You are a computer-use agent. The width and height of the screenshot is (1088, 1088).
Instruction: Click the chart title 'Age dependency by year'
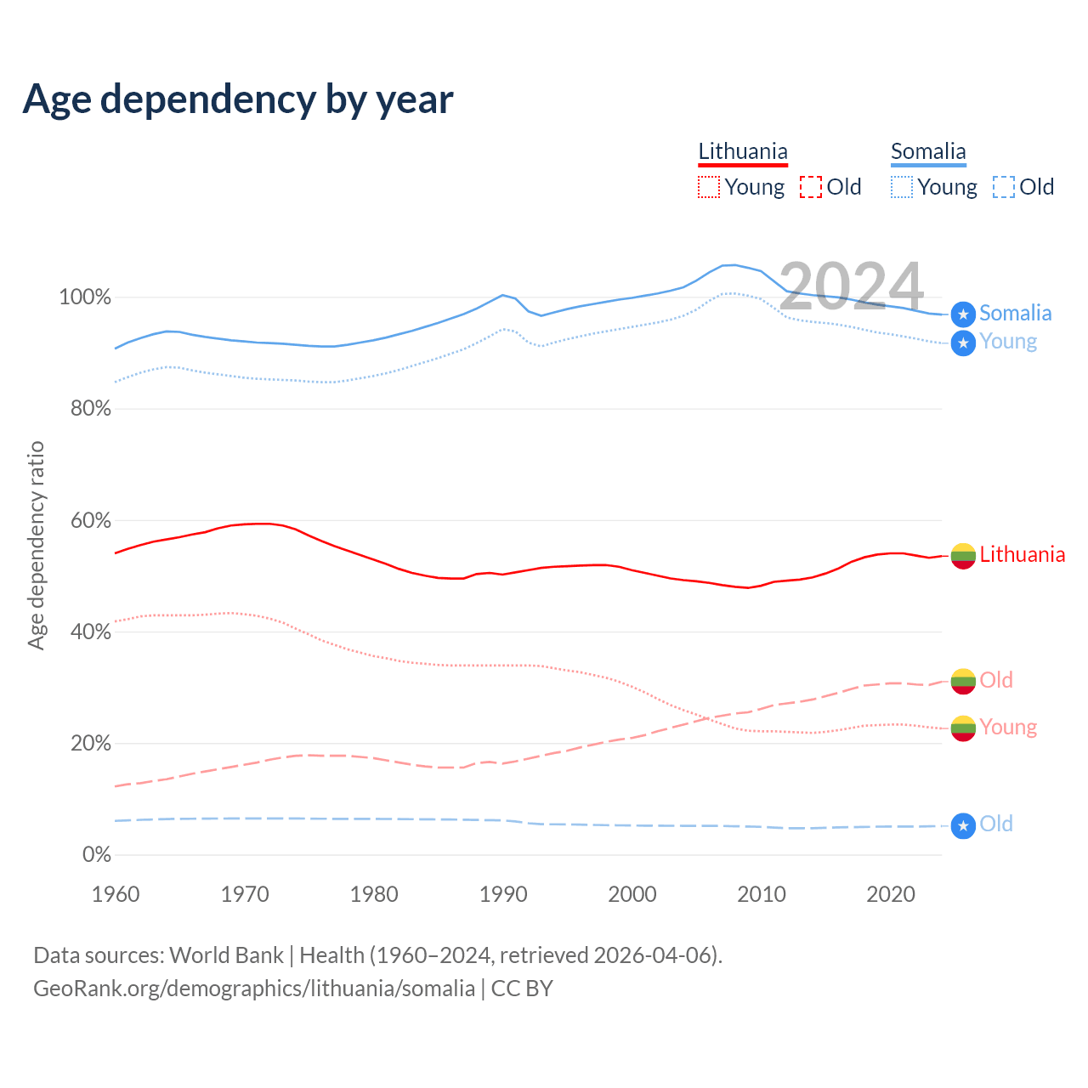[238, 99]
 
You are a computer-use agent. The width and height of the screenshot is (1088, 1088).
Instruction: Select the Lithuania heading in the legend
[743, 152]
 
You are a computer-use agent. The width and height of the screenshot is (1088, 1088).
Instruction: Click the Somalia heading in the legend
[928, 152]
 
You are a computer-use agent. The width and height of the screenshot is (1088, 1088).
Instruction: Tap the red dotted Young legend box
[709, 187]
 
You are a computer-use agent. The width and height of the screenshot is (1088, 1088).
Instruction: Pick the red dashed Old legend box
[811, 187]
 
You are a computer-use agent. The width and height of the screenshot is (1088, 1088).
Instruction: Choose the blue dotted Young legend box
[902, 187]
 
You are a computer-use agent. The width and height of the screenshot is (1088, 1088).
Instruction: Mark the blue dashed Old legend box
[1004, 187]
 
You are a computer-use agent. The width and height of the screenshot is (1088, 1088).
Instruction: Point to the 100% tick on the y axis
[84, 297]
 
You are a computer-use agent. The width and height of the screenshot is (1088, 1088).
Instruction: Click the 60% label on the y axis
[90, 520]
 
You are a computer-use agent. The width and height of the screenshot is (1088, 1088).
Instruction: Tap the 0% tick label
[96, 854]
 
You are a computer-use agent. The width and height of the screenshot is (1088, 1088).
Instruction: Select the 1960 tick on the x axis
[116, 894]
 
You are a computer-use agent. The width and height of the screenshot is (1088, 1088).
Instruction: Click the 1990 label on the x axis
[503, 894]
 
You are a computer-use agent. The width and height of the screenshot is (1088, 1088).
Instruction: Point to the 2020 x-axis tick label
[891, 894]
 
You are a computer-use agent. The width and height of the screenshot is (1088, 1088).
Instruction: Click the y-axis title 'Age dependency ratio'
[36, 545]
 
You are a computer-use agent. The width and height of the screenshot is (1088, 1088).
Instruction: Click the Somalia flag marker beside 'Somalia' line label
[963, 314]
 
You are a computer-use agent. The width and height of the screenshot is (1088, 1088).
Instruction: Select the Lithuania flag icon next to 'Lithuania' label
[963, 556]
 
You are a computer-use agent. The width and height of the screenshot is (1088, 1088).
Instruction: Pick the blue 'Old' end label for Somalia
[996, 824]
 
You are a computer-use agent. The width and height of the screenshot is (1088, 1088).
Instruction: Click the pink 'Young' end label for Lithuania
[1008, 727]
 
